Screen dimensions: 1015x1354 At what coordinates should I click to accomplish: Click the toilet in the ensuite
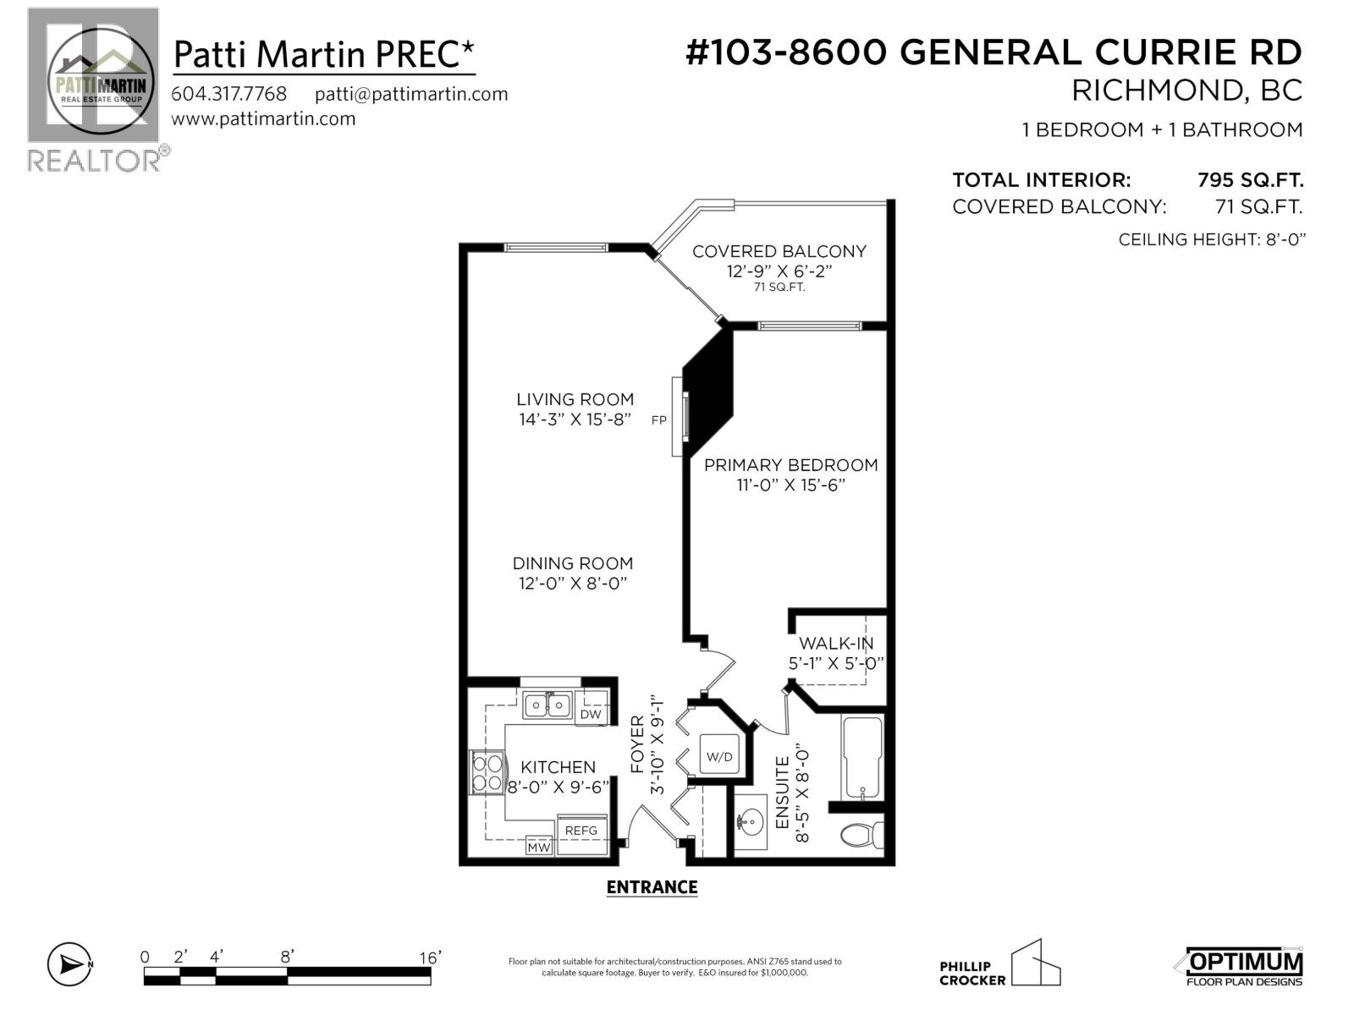point(861,835)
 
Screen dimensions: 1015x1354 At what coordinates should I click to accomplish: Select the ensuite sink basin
point(749,820)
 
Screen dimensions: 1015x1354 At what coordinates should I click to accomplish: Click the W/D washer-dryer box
point(719,756)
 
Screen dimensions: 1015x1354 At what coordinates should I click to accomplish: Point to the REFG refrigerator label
point(581,831)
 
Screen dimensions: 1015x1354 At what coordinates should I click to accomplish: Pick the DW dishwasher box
point(591,714)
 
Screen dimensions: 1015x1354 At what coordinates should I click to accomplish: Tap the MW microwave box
point(538,847)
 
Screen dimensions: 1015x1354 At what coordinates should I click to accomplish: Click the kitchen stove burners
point(487,772)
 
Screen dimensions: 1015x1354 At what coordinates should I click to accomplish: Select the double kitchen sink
point(547,704)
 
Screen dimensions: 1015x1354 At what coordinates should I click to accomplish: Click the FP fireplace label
point(658,420)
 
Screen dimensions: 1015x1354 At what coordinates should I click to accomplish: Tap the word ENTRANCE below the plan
point(652,887)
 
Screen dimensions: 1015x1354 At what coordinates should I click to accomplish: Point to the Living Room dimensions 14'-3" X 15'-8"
point(575,420)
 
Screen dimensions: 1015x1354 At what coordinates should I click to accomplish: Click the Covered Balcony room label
point(779,251)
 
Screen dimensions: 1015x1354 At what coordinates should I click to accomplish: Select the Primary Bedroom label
point(790,465)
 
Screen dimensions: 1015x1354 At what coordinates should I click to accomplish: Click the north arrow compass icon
point(69,963)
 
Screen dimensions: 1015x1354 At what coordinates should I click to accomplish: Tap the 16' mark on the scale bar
point(430,957)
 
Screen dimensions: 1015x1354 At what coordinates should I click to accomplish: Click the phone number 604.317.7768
point(228,94)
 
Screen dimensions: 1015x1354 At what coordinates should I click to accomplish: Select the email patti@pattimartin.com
point(411,94)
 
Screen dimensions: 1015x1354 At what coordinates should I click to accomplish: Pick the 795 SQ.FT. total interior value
point(1250,180)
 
